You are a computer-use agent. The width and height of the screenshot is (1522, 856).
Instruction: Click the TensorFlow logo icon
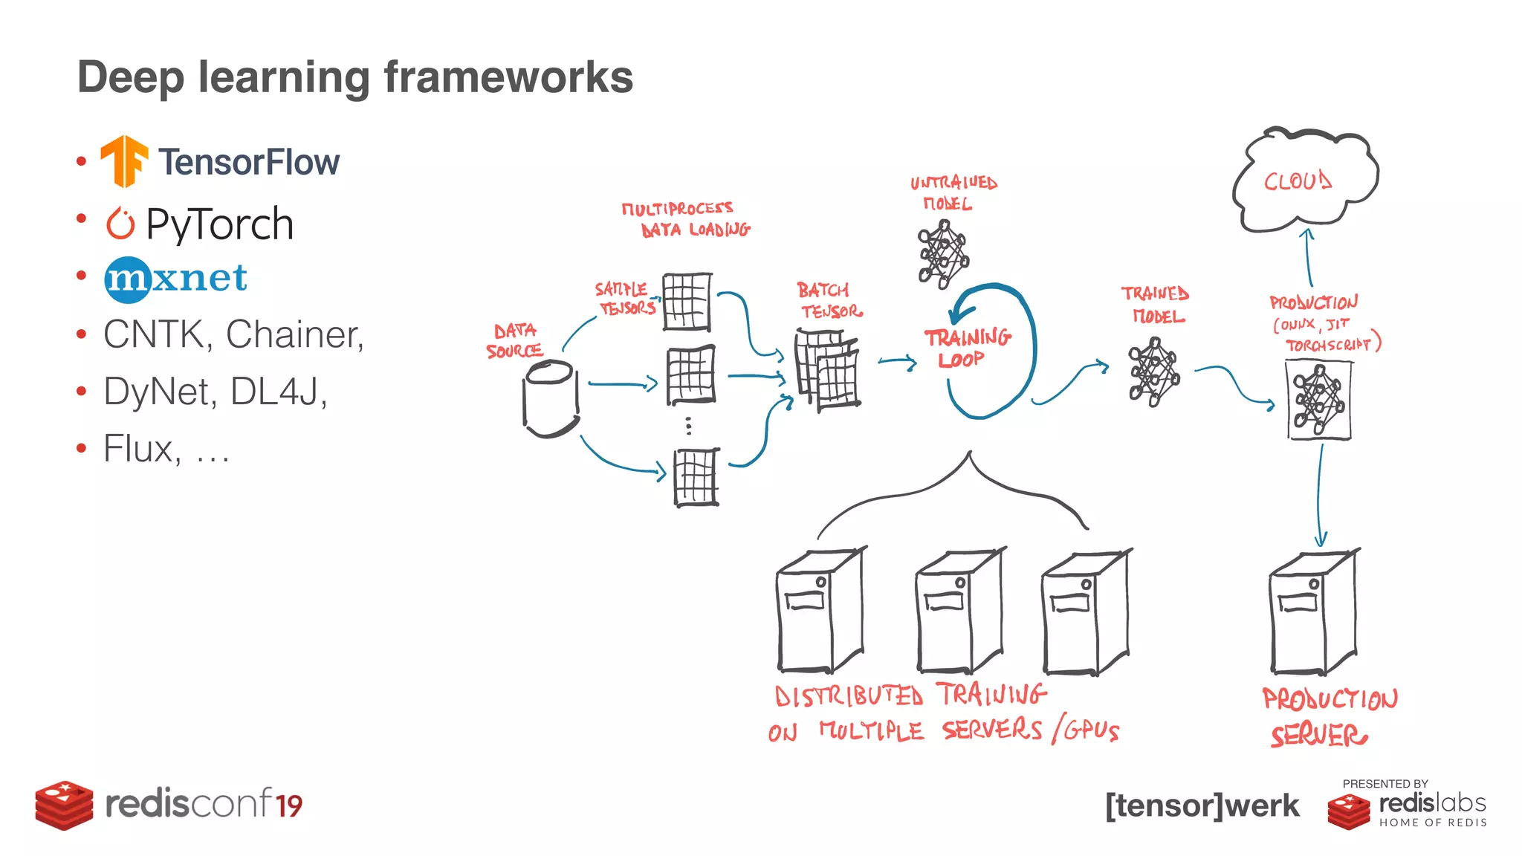coord(123,160)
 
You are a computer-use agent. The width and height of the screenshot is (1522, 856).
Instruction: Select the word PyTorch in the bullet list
coord(219,224)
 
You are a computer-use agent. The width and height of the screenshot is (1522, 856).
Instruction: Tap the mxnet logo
coord(175,279)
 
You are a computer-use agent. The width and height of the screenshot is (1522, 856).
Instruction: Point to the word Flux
coord(141,448)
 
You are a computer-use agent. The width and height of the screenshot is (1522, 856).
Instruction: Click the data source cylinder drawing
coord(551,398)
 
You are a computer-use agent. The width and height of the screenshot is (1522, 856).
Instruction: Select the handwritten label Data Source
coord(514,340)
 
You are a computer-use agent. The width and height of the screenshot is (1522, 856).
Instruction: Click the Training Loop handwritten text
coord(967,348)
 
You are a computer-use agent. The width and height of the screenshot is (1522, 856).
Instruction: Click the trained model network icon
coord(1153,372)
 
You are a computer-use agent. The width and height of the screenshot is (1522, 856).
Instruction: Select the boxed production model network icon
coord(1319,400)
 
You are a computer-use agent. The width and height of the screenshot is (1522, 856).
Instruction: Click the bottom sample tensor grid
coord(696,477)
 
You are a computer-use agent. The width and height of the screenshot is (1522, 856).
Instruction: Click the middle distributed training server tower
coord(959,612)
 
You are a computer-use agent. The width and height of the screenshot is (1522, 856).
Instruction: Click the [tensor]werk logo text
coord(1202,805)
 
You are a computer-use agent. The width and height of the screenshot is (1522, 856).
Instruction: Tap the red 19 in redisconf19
coord(289,805)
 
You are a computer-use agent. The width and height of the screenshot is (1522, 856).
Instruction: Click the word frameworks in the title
coord(508,77)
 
